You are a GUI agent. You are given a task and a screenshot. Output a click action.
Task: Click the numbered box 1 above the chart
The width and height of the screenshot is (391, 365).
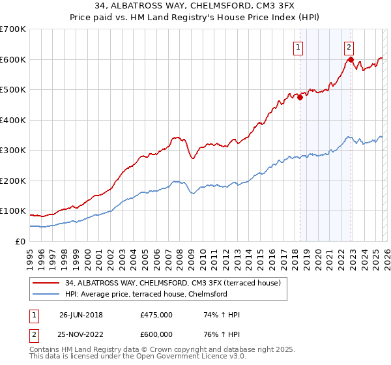coord(298,46)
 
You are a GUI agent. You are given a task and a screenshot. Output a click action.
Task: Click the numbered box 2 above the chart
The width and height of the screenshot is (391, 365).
coord(349,46)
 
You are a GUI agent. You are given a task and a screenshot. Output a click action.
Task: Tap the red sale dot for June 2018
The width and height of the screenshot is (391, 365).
coord(300,97)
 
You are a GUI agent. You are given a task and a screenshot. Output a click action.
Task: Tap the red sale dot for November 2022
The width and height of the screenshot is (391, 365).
coord(351,59)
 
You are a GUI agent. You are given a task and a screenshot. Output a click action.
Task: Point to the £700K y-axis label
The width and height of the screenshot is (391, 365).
coord(13,29)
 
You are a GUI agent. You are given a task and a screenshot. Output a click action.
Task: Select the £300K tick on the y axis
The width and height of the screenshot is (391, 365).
coord(13,151)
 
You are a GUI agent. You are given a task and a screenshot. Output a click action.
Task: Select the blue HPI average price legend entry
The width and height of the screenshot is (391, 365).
coord(145,294)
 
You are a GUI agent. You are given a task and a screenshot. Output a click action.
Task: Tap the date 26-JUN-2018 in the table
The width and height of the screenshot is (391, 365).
coord(81,315)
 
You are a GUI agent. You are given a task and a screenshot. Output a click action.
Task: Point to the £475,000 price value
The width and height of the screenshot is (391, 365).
coord(156,315)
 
